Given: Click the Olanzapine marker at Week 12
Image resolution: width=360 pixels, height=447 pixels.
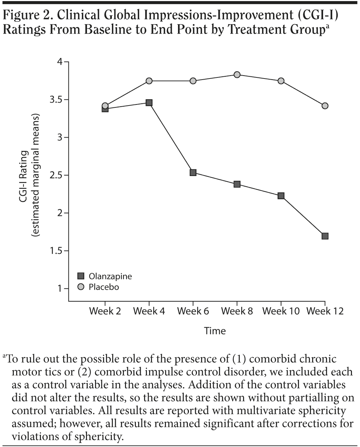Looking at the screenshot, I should (x=325, y=236).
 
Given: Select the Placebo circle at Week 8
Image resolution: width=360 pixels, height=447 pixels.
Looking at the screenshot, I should (x=237, y=75).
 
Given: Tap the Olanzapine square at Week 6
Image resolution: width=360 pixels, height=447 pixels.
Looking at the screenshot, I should (x=193, y=172).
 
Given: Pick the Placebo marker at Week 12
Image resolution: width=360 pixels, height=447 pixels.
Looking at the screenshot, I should (x=325, y=106).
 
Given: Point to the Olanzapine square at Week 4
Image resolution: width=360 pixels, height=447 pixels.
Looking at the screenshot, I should (x=149, y=103).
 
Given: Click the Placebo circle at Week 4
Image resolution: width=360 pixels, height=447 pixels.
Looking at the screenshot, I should (x=149, y=81).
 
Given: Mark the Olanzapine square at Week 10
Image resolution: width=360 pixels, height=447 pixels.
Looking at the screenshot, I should (x=281, y=196).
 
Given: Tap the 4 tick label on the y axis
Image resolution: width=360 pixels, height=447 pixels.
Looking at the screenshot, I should (x=61, y=62).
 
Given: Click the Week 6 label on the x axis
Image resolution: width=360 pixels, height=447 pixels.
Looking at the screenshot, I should (x=193, y=311).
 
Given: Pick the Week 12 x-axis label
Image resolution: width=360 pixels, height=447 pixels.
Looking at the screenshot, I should (x=325, y=311).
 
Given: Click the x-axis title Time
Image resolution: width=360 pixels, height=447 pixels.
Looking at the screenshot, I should (x=215, y=331).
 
